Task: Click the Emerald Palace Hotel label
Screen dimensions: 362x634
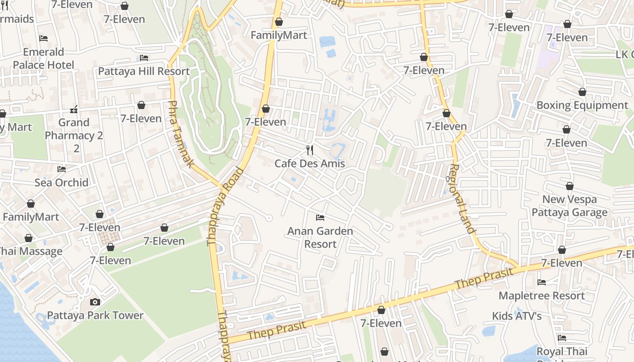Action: pyautogui.click(x=43, y=58)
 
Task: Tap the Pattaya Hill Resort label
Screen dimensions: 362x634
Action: pyautogui.click(x=144, y=71)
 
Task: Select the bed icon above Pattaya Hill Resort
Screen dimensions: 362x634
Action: pyautogui.click(x=144, y=58)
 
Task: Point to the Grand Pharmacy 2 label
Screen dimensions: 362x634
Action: pyautogui.click(x=74, y=129)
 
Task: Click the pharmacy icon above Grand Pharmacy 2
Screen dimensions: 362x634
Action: pyautogui.click(x=74, y=110)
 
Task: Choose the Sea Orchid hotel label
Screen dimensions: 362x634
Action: pyautogui.click(x=62, y=182)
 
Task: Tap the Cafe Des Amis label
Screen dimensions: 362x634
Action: pyautogui.click(x=310, y=163)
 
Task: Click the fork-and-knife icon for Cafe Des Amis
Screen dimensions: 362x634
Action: pyautogui.click(x=310, y=150)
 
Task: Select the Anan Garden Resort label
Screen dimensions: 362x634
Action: pyautogui.click(x=320, y=238)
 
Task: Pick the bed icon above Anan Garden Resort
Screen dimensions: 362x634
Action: pyautogui.click(x=320, y=218)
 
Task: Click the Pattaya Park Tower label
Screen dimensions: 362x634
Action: pyautogui.click(x=95, y=315)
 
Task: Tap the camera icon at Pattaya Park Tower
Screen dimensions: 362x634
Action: pyautogui.click(x=95, y=302)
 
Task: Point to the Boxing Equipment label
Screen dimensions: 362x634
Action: pyautogui.click(x=582, y=105)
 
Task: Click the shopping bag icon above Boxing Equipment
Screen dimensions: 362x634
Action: pyautogui.click(x=582, y=92)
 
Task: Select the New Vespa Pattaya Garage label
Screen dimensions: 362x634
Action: pyautogui.click(x=569, y=206)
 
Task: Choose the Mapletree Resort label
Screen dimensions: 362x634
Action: pyautogui.click(x=542, y=295)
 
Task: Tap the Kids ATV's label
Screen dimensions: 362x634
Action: pyautogui.click(x=517, y=316)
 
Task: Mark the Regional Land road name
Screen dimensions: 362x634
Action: pyautogui.click(x=461, y=199)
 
